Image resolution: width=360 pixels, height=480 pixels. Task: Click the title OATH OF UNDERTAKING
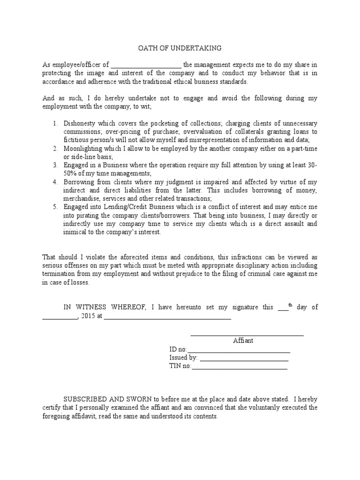coord(180,48)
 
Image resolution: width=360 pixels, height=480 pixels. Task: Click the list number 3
coord(55,165)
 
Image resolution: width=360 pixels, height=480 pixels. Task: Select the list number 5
coord(55,207)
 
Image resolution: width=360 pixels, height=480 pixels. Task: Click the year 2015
coord(88,316)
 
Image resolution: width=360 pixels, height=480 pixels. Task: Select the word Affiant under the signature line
coord(243,341)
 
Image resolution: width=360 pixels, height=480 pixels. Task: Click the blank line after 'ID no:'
coord(239,350)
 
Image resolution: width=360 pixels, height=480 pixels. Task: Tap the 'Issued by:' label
coord(183,358)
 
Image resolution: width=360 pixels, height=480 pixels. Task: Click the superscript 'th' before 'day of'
coord(290,306)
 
